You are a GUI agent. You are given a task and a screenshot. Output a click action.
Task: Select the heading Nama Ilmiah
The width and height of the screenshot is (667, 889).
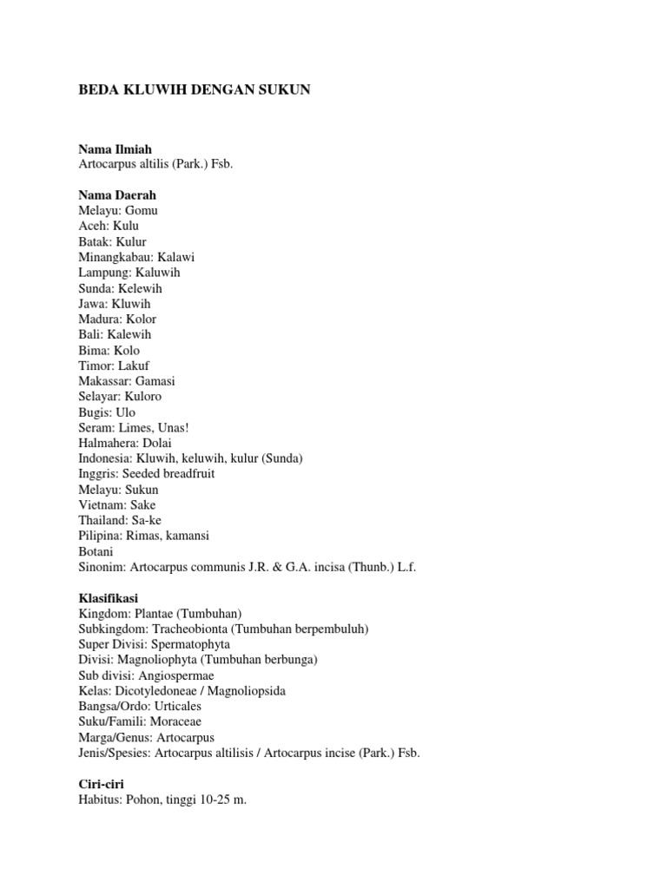click(x=116, y=149)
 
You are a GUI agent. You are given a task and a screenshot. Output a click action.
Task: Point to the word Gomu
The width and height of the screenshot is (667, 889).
click(x=142, y=211)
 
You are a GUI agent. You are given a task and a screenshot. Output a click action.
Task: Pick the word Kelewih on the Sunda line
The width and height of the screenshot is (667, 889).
click(x=140, y=288)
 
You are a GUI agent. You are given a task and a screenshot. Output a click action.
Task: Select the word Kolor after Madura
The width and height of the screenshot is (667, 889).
click(x=140, y=319)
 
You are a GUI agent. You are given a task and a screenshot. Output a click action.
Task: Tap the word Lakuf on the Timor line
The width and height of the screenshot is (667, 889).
click(x=134, y=365)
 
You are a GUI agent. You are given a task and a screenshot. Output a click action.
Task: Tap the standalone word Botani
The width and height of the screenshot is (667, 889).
click(x=96, y=551)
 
